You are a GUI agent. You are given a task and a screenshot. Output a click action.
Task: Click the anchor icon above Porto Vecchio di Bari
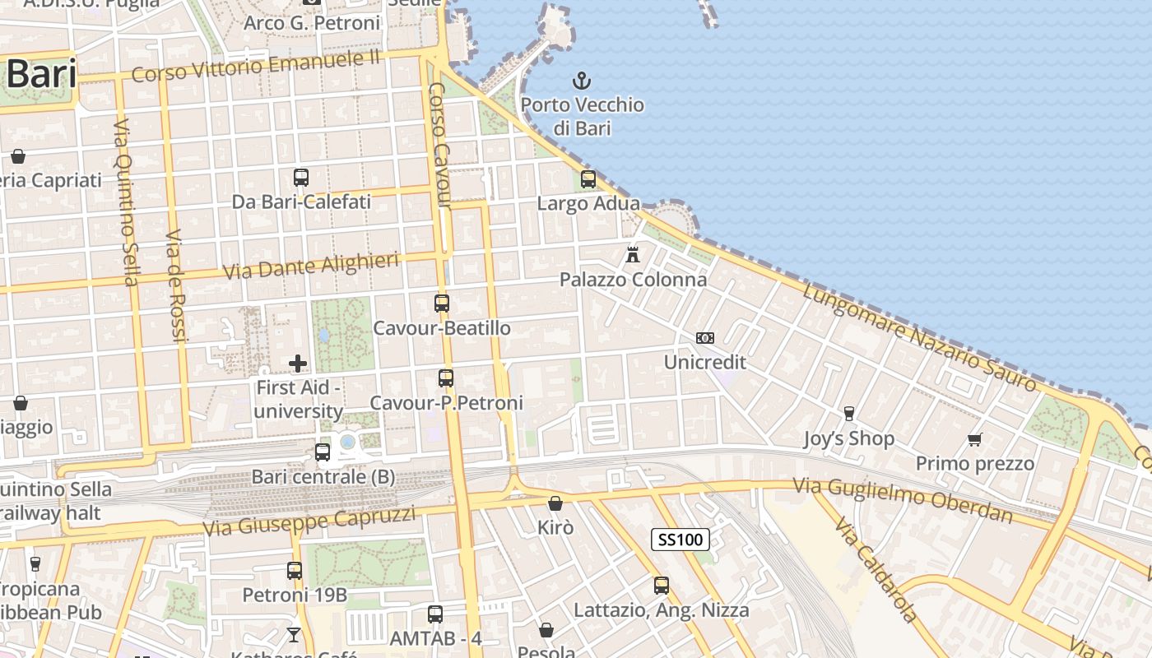tap(582, 81)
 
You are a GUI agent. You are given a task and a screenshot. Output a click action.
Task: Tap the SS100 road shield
tap(681, 540)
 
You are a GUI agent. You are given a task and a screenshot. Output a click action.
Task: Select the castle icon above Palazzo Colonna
tap(633, 254)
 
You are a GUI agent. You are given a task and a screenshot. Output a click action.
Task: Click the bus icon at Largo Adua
tap(588, 178)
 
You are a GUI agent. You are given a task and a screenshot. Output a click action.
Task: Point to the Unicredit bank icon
tap(704, 338)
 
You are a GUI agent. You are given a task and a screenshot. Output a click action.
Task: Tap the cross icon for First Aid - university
tap(298, 363)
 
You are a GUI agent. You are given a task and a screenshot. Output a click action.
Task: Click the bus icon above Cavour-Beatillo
tap(442, 304)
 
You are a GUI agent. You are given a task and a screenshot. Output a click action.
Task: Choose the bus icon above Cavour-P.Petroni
tap(446, 378)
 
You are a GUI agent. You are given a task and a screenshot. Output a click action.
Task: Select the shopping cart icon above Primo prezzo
tap(975, 439)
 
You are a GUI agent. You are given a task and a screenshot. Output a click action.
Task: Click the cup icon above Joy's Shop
tap(849, 413)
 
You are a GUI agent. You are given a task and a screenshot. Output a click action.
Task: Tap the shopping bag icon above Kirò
tap(555, 503)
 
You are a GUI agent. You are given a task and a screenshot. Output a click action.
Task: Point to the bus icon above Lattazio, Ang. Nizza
tap(662, 586)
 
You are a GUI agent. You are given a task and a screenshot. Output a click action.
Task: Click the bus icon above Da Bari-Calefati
tap(301, 177)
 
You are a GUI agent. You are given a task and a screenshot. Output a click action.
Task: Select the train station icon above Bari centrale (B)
tap(323, 452)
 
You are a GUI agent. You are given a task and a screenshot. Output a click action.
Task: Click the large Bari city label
tap(41, 75)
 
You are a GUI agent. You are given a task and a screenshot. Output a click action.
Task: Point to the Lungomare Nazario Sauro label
tap(920, 336)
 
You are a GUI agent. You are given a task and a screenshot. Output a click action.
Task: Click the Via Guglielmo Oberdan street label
tap(903, 499)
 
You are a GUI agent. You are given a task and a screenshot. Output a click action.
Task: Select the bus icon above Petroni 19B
tap(295, 570)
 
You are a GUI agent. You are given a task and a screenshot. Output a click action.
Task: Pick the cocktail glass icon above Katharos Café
tap(293, 634)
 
